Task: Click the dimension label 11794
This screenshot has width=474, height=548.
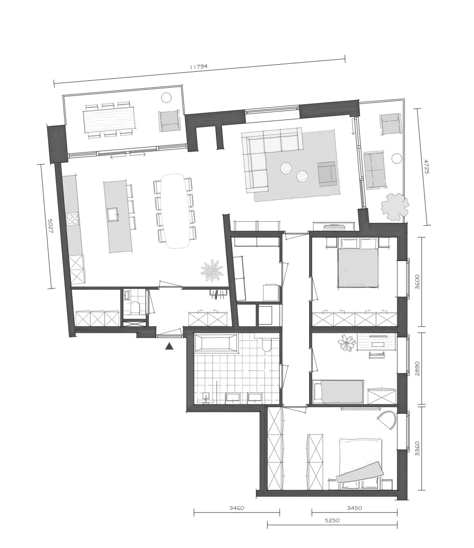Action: pyautogui.click(x=198, y=66)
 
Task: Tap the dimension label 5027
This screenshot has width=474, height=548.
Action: pyautogui.click(x=50, y=226)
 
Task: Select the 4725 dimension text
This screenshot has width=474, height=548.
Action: pyautogui.click(x=426, y=167)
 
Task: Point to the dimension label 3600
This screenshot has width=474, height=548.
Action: pyautogui.click(x=417, y=282)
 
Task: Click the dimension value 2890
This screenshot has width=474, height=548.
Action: pyautogui.click(x=417, y=368)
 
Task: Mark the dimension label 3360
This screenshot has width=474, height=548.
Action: pyautogui.click(x=417, y=449)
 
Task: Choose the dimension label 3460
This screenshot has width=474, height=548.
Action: pyautogui.click(x=236, y=508)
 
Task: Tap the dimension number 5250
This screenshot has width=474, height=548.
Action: pyautogui.click(x=332, y=520)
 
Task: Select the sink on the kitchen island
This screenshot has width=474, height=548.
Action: pyautogui.click(x=113, y=215)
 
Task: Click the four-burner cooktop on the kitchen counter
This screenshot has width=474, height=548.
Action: pyautogui.click(x=72, y=219)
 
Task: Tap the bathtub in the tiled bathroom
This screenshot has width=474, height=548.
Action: pyautogui.click(x=216, y=342)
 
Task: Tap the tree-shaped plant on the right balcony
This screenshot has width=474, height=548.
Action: pyautogui.click(x=395, y=206)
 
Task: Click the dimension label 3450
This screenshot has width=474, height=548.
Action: pyautogui.click(x=354, y=508)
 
